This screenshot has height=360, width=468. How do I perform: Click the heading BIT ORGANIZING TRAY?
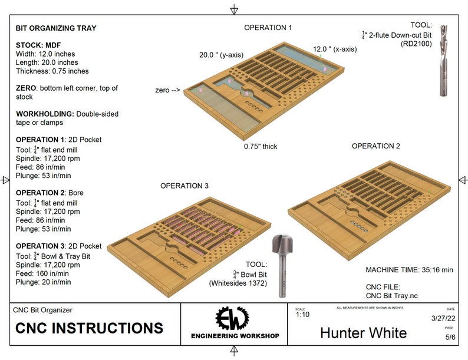point(55,28)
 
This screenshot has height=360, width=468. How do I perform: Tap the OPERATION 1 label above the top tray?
point(268,28)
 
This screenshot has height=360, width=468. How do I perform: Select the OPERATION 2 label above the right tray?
point(375,146)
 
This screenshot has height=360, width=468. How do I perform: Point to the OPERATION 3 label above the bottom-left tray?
point(184,186)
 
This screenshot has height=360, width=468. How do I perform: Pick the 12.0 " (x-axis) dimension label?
point(334,49)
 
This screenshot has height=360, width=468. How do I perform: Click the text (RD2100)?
point(417,44)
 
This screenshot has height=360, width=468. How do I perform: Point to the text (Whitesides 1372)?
point(239,283)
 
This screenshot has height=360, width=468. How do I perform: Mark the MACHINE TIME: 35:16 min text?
point(409,270)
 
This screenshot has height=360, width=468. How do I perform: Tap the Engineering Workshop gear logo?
point(234,321)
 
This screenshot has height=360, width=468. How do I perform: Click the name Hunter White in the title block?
point(363,332)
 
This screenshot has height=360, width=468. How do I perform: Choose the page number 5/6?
point(449,338)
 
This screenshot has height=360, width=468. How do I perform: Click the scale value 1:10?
point(302,315)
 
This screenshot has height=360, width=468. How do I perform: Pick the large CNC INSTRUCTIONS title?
point(89,328)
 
